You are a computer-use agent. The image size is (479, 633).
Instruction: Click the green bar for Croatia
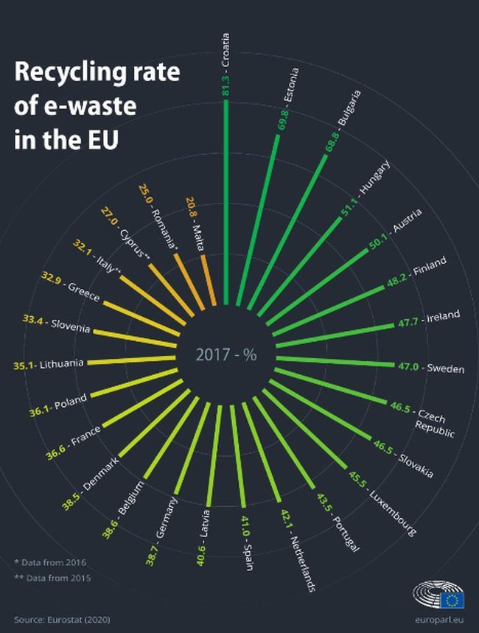pos(225,206)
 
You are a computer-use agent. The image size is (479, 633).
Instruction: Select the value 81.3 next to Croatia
pos(225,85)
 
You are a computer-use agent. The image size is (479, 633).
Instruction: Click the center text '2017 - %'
pos(226,354)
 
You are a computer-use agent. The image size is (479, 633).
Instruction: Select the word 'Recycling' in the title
pos(68,74)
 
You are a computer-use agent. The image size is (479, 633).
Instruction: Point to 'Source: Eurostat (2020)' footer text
pos(63,620)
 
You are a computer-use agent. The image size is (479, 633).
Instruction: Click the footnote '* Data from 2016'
pos(50,562)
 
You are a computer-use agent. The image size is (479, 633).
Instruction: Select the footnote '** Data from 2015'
pos(52,578)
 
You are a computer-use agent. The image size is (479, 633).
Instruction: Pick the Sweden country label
pos(445,368)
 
